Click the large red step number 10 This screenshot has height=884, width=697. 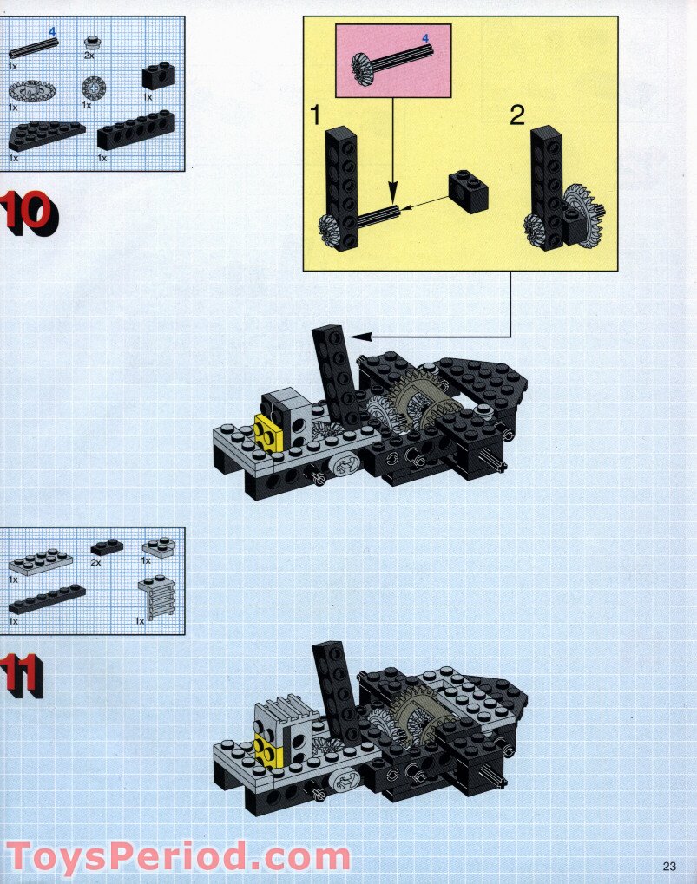[30, 213]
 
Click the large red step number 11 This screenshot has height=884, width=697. [22, 676]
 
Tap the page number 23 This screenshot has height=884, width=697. [669, 866]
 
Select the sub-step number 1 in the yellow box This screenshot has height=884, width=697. [315, 115]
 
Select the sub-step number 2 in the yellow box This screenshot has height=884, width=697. [516, 115]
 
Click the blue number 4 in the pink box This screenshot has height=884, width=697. [426, 38]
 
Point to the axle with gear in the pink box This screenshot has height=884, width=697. [392, 61]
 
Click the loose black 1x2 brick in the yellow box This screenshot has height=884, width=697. [469, 192]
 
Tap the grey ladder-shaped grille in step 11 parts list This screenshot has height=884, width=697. [157, 597]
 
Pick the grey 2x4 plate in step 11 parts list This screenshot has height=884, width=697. [40, 561]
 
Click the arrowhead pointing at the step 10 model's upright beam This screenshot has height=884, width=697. [359, 337]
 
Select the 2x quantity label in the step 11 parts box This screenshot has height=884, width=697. [95, 562]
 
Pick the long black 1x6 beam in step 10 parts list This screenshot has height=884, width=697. [136, 129]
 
